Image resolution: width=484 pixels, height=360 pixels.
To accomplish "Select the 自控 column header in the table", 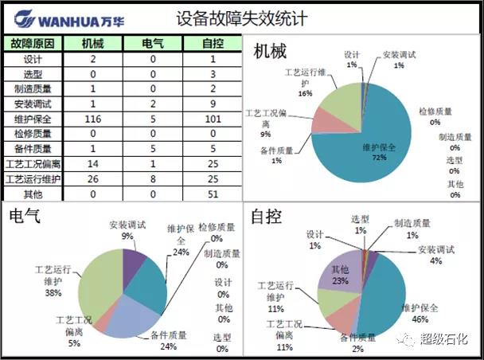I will [213, 43].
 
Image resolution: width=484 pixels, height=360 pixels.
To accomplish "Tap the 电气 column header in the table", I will [152, 43].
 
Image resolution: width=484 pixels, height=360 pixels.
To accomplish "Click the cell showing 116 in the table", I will [92, 119].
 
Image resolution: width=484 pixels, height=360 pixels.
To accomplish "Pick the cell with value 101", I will [213, 119].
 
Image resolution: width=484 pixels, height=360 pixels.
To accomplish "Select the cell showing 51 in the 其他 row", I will [213, 194].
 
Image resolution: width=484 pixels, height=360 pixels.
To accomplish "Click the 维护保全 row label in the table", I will [33, 119].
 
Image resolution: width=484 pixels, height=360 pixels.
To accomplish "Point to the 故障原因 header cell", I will [33, 43].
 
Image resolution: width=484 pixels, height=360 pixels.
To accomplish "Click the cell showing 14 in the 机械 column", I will [92, 164].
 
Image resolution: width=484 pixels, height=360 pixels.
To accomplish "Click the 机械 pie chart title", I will [270, 52].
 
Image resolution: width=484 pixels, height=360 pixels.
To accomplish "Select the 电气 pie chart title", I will [25, 216].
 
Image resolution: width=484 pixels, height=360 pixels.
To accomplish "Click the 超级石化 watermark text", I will [446, 340].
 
